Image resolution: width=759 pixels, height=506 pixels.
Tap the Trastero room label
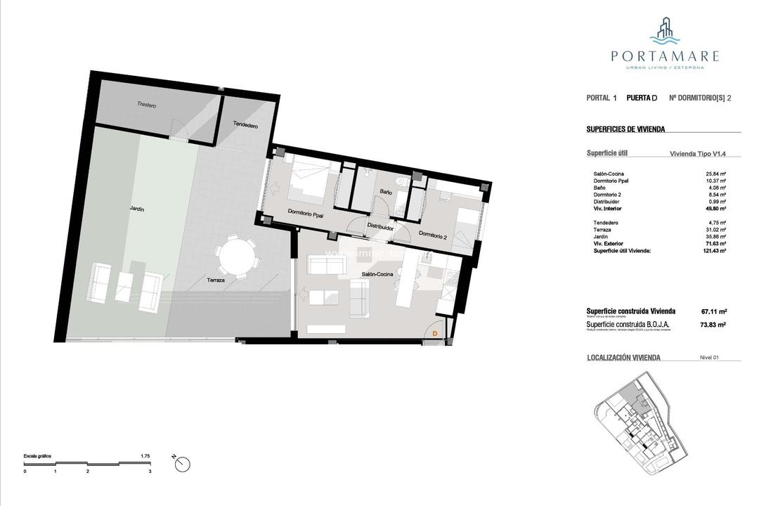[x=146, y=105]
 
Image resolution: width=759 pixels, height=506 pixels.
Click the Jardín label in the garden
[x=136, y=209]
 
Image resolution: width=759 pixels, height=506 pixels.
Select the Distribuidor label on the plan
[x=379, y=227]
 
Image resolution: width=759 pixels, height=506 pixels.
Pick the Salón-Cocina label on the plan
[x=377, y=274]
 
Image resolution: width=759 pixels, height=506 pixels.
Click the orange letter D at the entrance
[x=435, y=333]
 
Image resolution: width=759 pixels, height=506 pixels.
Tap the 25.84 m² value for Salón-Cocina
[x=716, y=174]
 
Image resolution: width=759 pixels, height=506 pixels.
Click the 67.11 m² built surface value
[x=714, y=311]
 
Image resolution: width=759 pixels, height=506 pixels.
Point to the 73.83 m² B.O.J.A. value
[x=714, y=325]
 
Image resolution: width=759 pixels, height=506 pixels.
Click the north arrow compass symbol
[x=183, y=464]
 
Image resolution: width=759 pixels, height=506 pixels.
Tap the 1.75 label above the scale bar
[x=145, y=456]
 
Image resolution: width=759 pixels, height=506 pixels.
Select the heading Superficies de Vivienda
[x=625, y=129]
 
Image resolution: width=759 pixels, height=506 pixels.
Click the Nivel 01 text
[x=710, y=358]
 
